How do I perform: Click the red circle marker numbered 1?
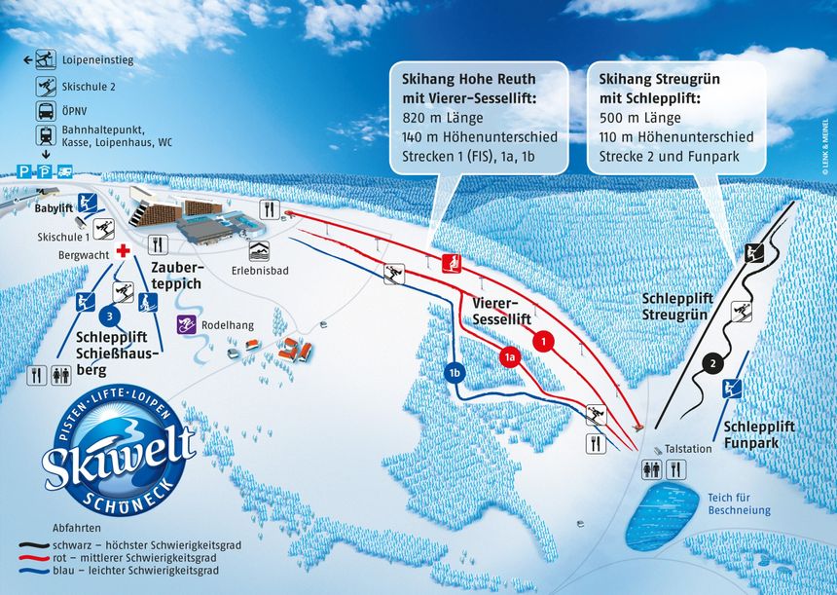tap(544, 341)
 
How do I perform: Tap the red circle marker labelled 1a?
tap(509, 357)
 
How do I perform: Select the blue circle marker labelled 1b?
tap(454, 371)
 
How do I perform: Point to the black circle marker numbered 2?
tap(713, 363)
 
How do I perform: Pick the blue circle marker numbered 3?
tap(111, 314)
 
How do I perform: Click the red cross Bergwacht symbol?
tap(122, 252)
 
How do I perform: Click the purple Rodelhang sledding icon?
tap(185, 323)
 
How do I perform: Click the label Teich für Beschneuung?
tap(739, 503)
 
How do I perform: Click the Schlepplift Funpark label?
tap(759, 434)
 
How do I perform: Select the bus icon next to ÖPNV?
tap(46, 110)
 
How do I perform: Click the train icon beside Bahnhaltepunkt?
tap(46, 135)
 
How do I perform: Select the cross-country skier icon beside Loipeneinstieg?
tap(46, 59)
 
